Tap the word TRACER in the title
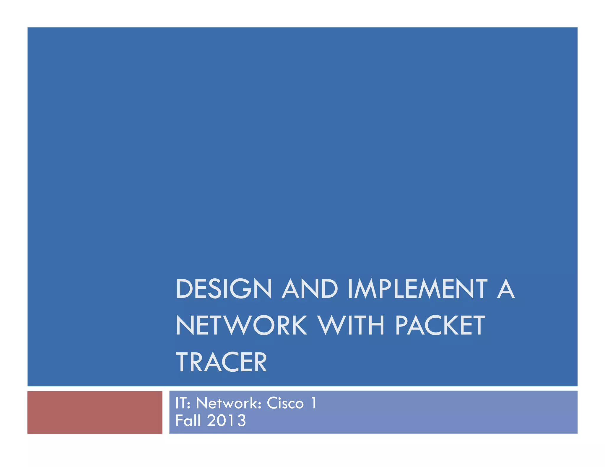coord(221,362)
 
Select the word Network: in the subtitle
coord(229,403)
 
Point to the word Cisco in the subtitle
coord(285,403)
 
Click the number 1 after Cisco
coord(314,403)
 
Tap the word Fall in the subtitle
coord(188,420)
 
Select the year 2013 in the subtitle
coord(226,420)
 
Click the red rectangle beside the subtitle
coord(95,412)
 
